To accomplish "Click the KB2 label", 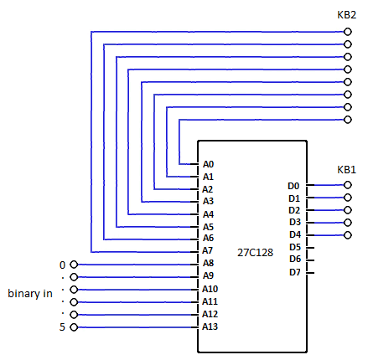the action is (x=346, y=15).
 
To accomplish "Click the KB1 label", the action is (x=346, y=170).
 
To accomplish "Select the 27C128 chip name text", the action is (x=255, y=253).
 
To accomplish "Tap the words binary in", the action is (x=30, y=293).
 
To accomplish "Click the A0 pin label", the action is (x=208, y=164).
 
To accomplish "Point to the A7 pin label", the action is (x=207, y=250).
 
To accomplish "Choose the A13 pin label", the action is (x=210, y=327).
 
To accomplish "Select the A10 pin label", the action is (x=210, y=289).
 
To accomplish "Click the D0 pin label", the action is (x=293, y=186).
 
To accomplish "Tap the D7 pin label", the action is (x=295, y=272).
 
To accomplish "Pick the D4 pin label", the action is (x=295, y=234).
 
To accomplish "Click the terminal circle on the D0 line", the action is (x=348, y=185).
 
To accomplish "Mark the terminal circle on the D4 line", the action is (x=348, y=235).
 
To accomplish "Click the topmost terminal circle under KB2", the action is (x=348, y=32).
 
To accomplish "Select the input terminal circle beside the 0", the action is (x=74, y=265).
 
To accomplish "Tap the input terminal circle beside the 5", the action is (x=74, y=327).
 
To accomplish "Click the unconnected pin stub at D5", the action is (x=310, y=248).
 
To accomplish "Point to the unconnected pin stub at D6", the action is (x=310, y=260).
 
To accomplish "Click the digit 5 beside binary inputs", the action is (x=62, y=327).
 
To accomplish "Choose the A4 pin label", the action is (x=208, y=214).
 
